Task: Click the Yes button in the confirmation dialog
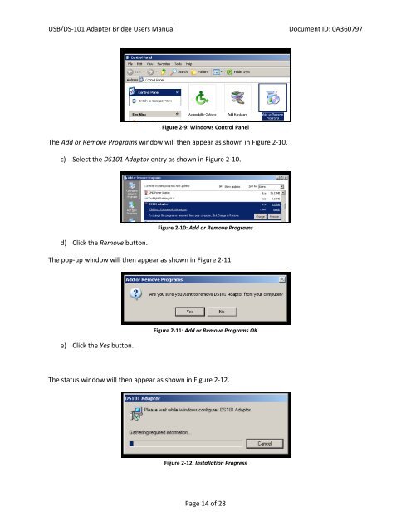pyautogui.click(x=190, y=312)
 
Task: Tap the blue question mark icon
pyautogui.click(x=137, y=291)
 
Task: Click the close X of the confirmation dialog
pyautogui.click(x=284, y=278)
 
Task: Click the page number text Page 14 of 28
pyautogui.click(x=205, y=504)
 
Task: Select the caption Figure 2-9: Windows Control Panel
pyautogui.click(x=204, y=129)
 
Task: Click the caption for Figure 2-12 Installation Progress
pyautogui.click(x=205, y=463)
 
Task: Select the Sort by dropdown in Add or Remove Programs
pyautogui.click(x=270, y=187)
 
